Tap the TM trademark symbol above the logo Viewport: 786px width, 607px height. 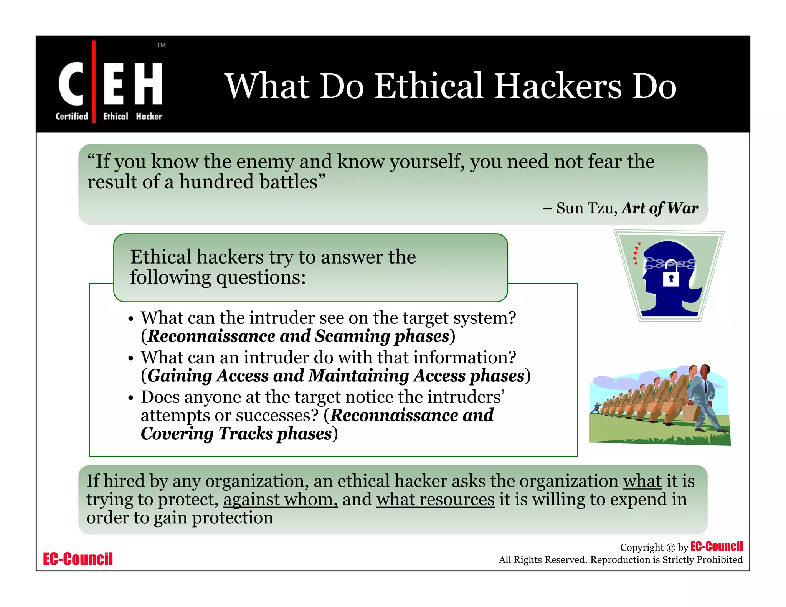coord(161,45)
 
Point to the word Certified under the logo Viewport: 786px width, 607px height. coord(72,116)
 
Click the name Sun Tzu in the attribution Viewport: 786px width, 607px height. coord(586,208)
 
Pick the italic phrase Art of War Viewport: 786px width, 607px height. coord(660,208)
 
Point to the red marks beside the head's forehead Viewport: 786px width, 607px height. coord(636,253)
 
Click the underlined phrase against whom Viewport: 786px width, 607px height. coord(281,500)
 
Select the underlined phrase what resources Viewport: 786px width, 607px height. coord(435,500)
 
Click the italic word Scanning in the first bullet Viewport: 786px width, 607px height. coord(352,336)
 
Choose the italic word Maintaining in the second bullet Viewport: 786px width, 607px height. coord(359,376)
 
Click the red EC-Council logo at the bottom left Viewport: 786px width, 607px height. coord(78,559)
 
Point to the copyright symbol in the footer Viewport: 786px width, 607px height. coord(670,548)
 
